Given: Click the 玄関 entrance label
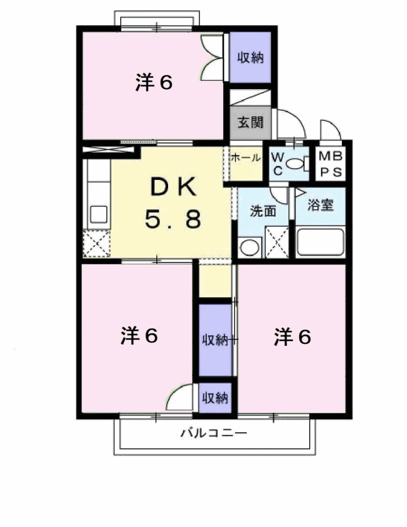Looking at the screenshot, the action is click(x=250, y=123).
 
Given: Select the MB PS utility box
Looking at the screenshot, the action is click(x=330, y=164).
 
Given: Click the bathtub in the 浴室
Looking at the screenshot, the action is click(x=320, y=242).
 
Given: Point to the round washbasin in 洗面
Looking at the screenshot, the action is click(x=250, y=248).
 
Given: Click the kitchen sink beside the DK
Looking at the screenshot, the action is click(x=99, y=215).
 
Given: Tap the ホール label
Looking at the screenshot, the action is click(x=245, y=157).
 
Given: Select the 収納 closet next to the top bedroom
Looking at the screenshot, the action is click(x=250, y=57).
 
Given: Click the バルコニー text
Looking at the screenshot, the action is click(x=214, y=433).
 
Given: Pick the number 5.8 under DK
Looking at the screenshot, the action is click(x=173, y=219).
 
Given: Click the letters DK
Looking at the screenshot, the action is click(x=173, y=187).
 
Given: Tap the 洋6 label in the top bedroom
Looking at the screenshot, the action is click(x=154, y=81).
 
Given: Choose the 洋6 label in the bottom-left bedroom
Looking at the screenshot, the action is click(x=139, y=335).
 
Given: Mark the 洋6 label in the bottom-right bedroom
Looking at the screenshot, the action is click(x=292, y=336).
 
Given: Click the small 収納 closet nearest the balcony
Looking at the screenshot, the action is click(x=216, y=398).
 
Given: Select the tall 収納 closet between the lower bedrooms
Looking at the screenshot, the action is click(x=216, y=340).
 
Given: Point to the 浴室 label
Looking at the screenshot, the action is click(x=321, y=205).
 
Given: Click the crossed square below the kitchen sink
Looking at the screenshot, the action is click(x=97, y=244).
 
